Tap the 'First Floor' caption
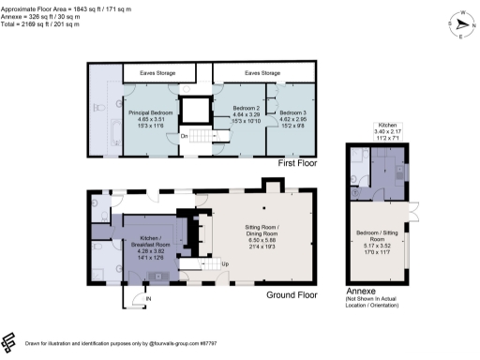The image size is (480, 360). pos(301,163)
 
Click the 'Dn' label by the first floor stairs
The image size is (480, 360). pos(185,137)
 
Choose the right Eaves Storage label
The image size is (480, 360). pos(262,72)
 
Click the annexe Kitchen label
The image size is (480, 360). pos(386,127)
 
